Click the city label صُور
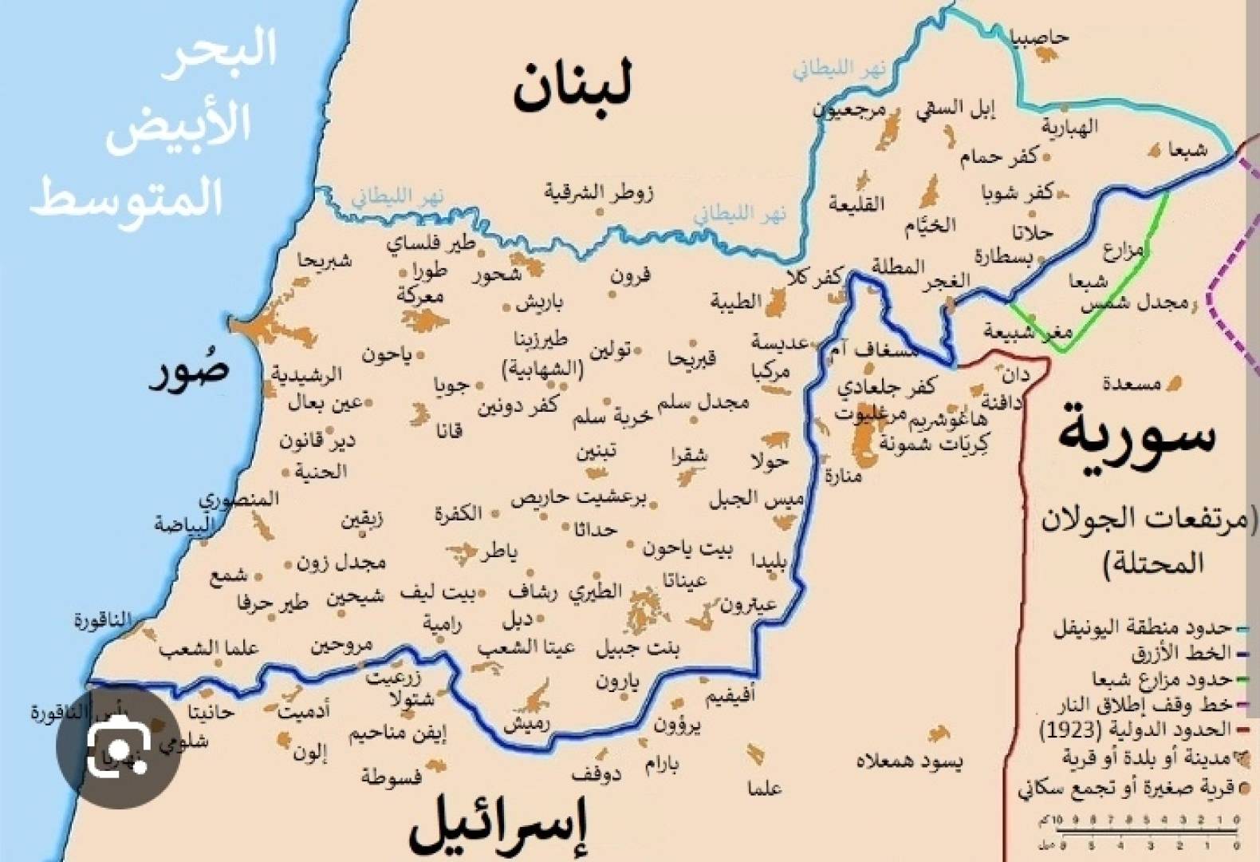click(190, 373)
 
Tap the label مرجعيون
click(850, 110)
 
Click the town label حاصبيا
click(1039, 38)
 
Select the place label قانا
click(449, 431)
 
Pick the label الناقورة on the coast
click(102, 620)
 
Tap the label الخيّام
click(930, 226)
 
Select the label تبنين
click(597, 453)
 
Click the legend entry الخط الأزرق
click(1181, 654)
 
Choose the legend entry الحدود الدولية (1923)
click(1136, 730)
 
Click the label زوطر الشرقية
click(599, 192)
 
